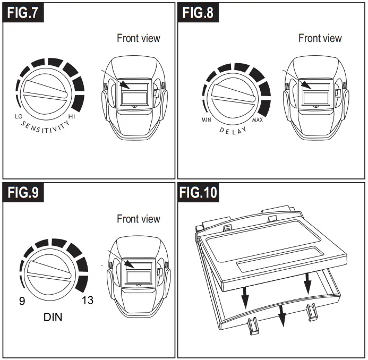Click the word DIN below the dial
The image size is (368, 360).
52,318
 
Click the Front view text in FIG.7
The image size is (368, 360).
138,38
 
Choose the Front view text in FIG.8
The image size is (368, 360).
320,38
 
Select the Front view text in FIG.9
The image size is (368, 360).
138,219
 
